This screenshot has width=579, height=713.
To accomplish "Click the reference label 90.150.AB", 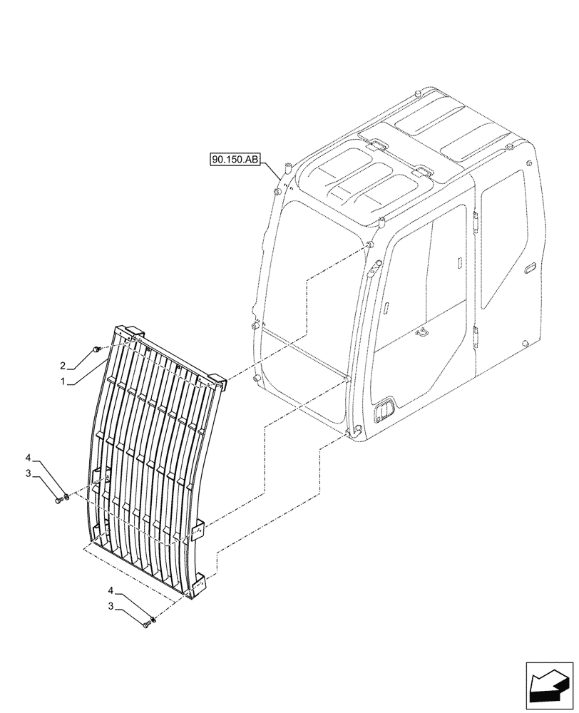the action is click(235, 160).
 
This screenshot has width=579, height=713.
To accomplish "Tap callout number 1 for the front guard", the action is click(63, 382).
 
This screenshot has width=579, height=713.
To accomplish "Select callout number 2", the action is click(63, 366).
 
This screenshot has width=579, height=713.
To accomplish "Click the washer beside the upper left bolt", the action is click(67, 496).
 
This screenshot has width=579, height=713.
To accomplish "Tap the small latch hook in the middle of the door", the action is click(423, 332).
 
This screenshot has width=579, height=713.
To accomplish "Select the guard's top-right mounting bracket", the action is click(217, 383).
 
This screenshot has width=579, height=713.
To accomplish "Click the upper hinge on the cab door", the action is click(474, 220).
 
